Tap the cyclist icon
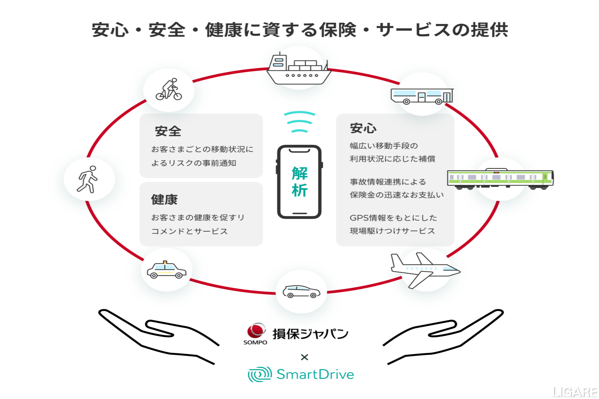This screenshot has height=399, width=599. (169, 90)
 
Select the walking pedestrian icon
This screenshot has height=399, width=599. (88, 180)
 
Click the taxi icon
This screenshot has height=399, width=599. (167, 270)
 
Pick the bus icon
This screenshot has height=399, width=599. (422, 96)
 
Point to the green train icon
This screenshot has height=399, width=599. (500, 179)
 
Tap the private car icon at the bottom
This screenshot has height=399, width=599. (301, 292)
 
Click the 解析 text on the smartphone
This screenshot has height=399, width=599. (299, 182)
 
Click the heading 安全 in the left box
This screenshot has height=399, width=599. (168, 131)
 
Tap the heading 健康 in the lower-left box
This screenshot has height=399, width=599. (164, 199)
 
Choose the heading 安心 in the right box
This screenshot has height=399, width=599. (363, 128)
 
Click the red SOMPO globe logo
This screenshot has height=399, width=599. (256, 331)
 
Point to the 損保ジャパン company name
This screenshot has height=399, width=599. (310, 334)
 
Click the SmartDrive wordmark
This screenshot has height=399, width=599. (315, 374)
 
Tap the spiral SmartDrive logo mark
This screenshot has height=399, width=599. (259, 374)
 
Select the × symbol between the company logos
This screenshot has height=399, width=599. (304, 357)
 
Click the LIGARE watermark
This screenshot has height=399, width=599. (575, 392)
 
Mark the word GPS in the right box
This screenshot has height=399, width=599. (359, 218)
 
